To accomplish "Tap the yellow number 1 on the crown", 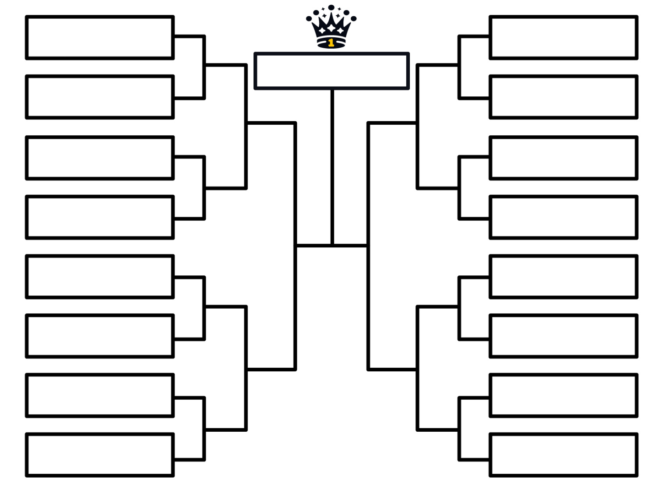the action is coord(331,43).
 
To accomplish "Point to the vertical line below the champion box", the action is coord(332,167).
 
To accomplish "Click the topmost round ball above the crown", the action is coord(331,7).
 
